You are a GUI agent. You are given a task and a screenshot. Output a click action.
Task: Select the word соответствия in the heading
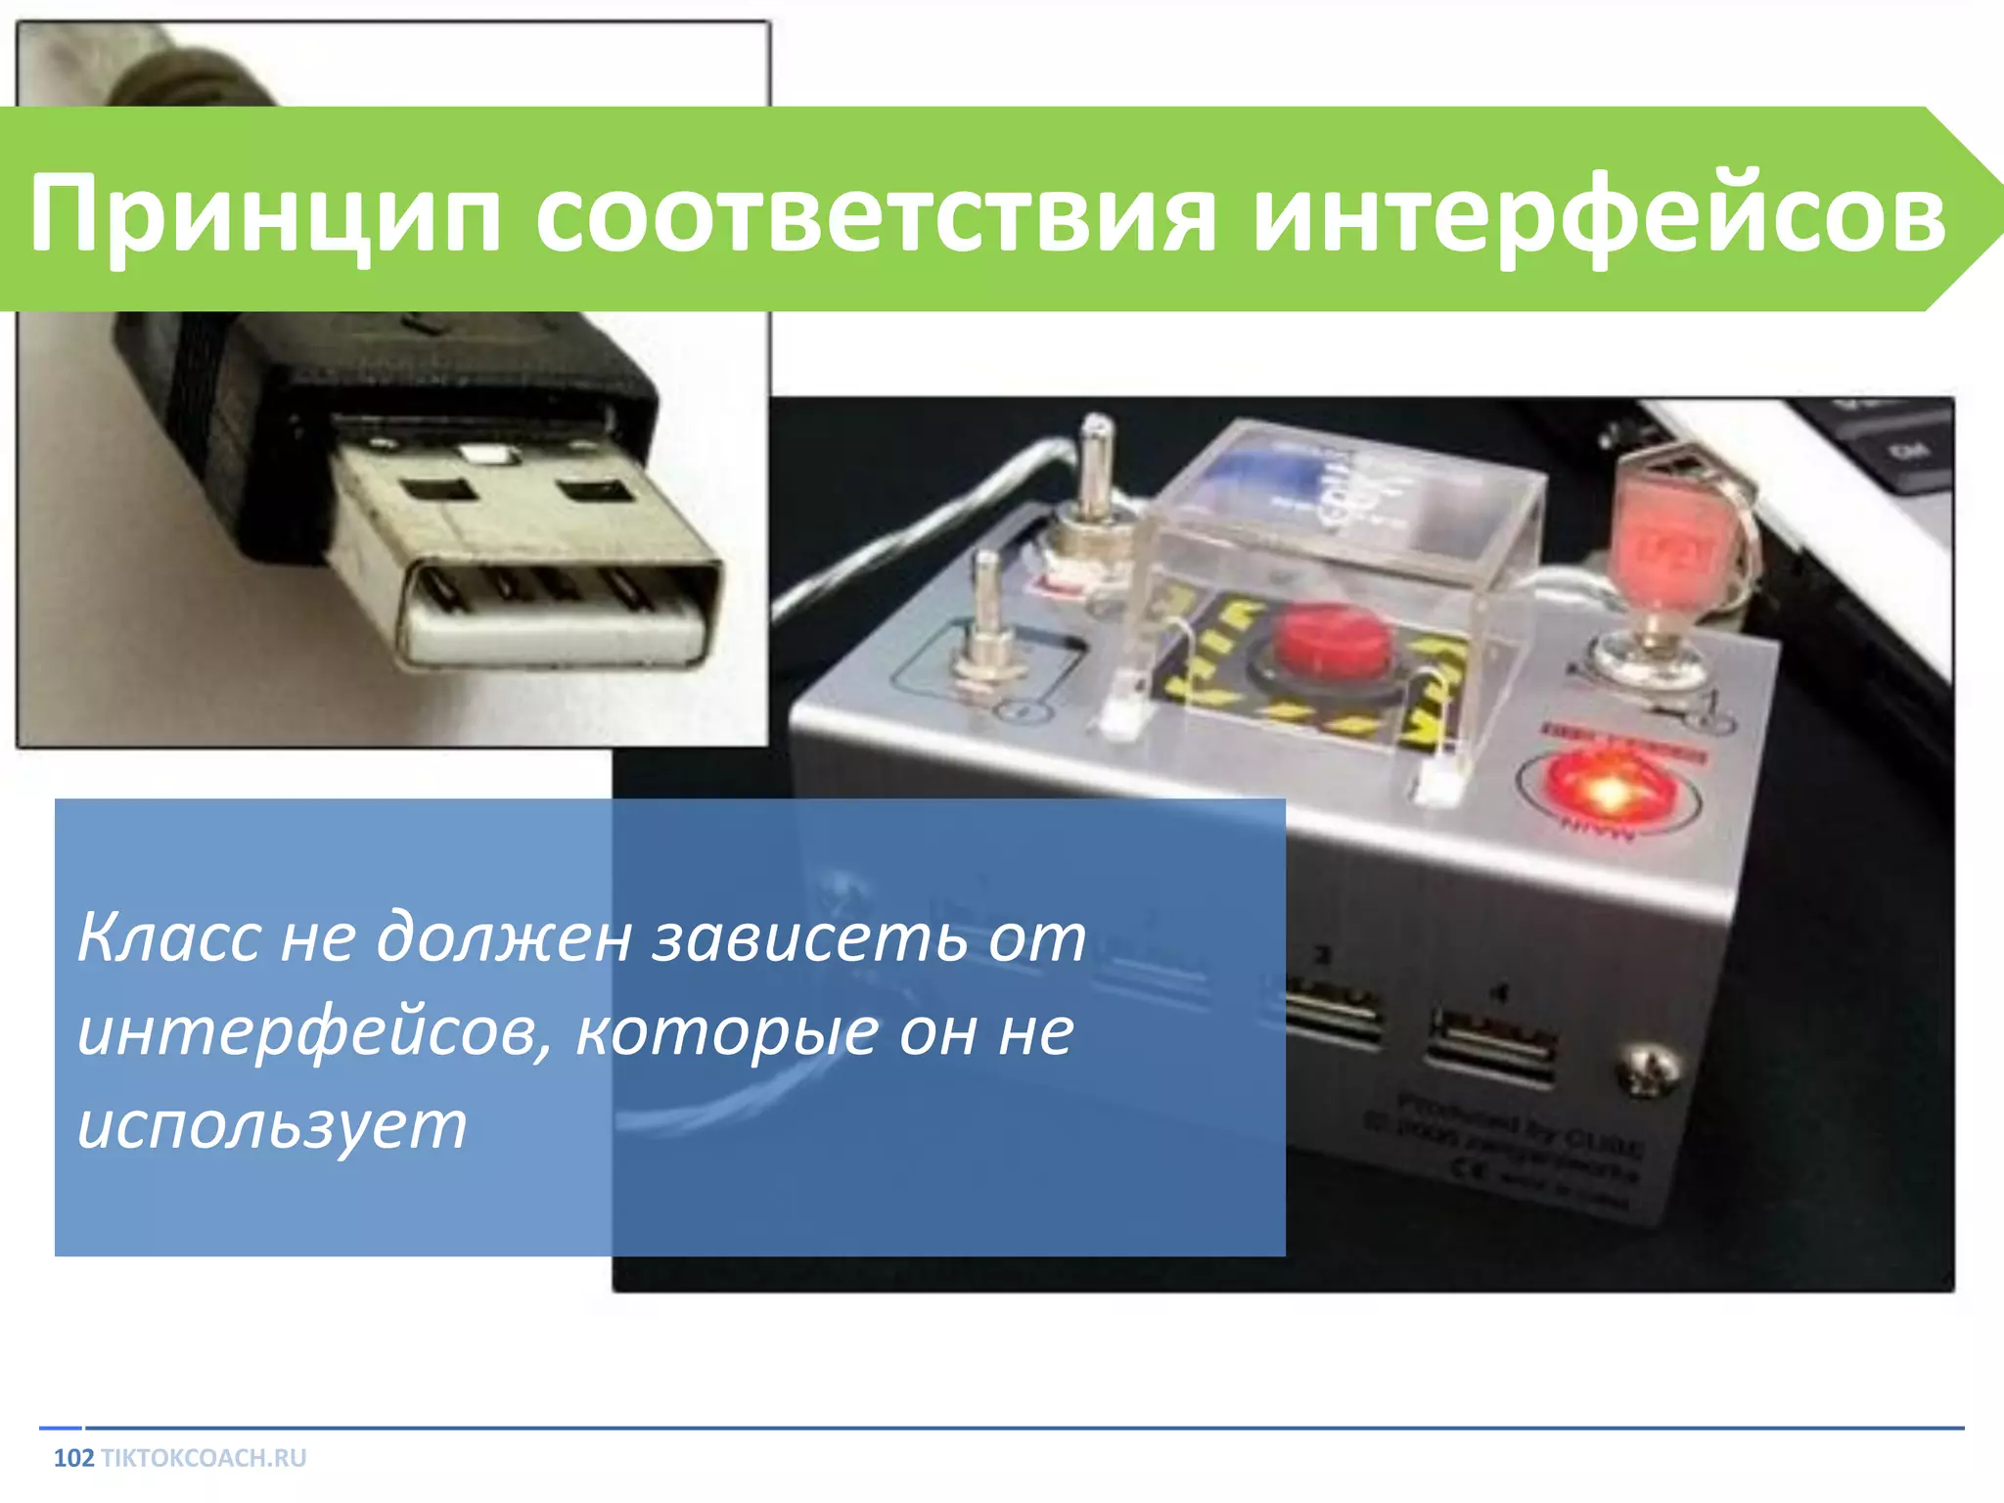[875, 213]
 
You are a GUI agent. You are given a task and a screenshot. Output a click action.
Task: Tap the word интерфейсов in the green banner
[1599, 213]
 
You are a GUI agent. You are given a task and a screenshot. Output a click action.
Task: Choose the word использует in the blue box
[272, 1125]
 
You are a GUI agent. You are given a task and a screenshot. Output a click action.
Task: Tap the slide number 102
[73, 1458]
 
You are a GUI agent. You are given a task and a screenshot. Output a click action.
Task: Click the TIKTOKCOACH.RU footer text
[204, 1458]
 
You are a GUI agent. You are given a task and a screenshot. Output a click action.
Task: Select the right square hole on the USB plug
[595, 489]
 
